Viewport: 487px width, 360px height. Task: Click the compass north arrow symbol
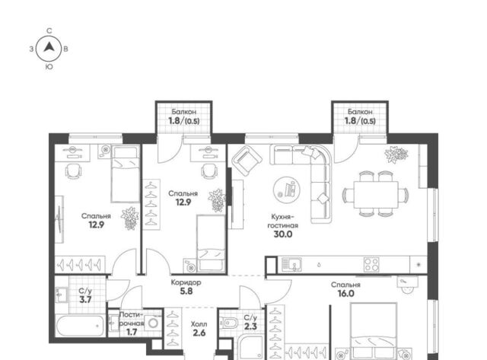click(49, 47)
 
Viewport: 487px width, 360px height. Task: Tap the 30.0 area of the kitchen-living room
click(282, 234)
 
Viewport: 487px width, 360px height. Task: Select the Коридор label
click(186, 282)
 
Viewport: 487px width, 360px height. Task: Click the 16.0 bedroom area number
click(345, 294)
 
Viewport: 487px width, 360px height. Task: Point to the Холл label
click(199, 324)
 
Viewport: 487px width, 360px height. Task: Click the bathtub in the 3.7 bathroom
click(81, 325)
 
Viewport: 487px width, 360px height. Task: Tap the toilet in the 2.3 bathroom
click(228, 323)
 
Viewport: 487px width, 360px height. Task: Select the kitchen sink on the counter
click(291, 265)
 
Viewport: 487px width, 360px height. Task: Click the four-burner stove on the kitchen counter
click(371, 265)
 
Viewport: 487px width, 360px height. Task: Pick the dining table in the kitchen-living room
click(376, 195)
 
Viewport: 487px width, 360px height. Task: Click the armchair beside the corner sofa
click(247, 161)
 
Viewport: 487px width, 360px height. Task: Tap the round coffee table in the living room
click(287, 190)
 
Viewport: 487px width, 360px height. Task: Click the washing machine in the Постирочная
click(153, 323)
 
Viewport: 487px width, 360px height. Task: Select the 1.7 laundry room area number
click(132, 333)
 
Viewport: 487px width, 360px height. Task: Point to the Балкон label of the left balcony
click(184, 112)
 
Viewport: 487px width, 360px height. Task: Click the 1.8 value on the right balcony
click(351, 120)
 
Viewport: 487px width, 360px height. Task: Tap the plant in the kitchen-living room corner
click(396, 155)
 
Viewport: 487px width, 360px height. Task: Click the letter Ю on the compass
click(49, 67)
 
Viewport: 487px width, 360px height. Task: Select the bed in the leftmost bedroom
click(126, 174)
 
